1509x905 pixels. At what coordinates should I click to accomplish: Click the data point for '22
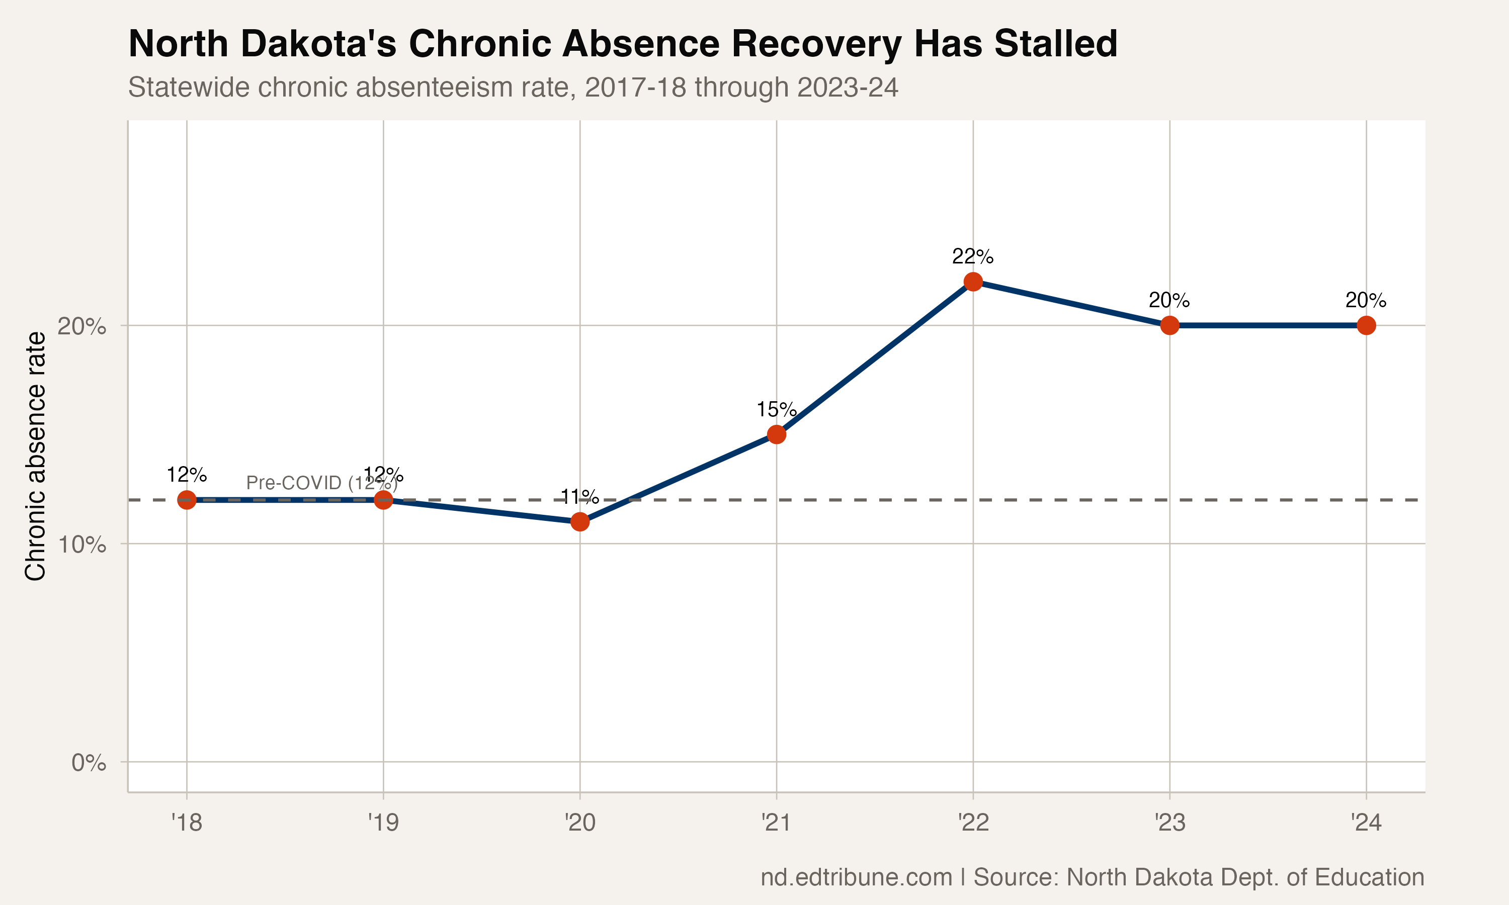coord(973,282)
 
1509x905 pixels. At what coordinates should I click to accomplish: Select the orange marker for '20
coord(580,522)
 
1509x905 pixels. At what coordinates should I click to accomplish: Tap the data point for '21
coord(777,435)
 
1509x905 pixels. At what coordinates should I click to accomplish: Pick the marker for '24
coord(1366,326)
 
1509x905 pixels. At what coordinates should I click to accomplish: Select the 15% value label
coord(777,410)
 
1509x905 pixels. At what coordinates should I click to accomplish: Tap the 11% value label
coord(579,497)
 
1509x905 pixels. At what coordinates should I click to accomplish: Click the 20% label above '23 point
coord(1169,301)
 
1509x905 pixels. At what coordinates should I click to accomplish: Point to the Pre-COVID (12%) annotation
coord(321,483)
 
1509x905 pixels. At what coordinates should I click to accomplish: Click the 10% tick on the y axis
coord(81,544)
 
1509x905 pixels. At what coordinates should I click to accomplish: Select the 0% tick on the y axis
coord(89,762)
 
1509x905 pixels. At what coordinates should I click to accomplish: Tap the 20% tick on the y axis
coord(81,326)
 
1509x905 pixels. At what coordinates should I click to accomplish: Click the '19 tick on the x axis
coord(383,823)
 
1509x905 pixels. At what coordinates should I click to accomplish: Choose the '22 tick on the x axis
coord(973,823)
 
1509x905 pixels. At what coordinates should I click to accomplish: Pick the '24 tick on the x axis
coord(1366,823)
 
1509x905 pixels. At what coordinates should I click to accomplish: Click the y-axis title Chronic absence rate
coord(35,456)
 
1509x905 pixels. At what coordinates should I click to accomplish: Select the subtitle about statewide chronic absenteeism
coord(513,87)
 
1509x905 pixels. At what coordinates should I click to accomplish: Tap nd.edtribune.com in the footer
coord(856,877)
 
